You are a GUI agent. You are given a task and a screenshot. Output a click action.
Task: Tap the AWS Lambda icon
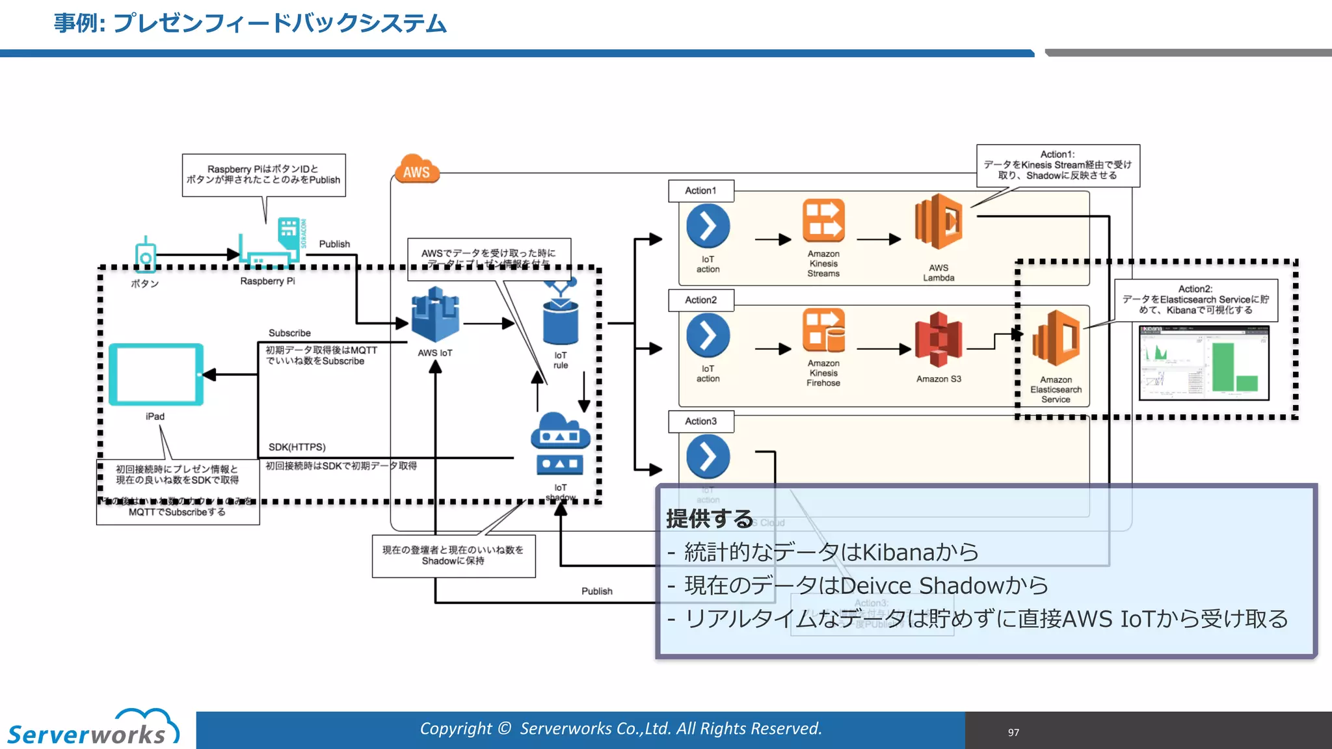coord(938,222)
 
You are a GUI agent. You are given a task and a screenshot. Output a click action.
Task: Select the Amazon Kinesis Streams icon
coord(823,221)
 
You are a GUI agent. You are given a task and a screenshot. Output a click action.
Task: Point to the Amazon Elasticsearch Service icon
coord(1056,338)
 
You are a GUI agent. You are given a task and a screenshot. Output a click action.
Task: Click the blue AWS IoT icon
coord(435,315)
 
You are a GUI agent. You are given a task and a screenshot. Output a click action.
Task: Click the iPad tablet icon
coord(156,374)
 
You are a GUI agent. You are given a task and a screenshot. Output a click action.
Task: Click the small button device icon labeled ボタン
coord(146,255)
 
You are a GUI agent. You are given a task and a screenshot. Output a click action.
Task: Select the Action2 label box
coord(700,300)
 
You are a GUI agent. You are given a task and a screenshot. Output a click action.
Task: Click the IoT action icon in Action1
coord(708,226)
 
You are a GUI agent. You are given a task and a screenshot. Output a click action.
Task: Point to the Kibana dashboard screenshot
coord(1204,362)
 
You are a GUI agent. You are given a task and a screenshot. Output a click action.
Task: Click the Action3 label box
coord(700,421)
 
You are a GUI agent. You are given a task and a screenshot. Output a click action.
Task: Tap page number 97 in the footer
coord(1013,732)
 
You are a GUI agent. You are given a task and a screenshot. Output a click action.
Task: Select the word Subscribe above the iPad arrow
coord(289,333)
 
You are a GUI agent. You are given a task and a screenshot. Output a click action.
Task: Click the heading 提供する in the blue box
coord(710,519)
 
